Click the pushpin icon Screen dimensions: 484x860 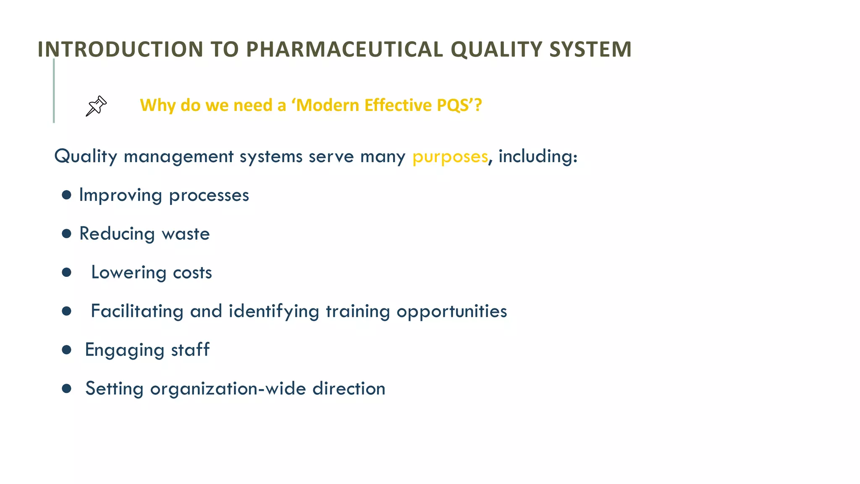pyautogui.click(x=96, y=106)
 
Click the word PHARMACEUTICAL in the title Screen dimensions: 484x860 pyautogui.click(x=344, y=50)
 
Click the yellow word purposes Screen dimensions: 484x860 pyautogui.click(x=450, y=157)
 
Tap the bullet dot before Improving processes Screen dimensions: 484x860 pyautogui.click(x=66, y=195)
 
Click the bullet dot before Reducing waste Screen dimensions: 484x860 pyautogui.click(x=66, y=234)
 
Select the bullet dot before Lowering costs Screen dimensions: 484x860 pyautogui.click(x=66, y=272)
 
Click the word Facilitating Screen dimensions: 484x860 pyautogui.click(x=137, y=311)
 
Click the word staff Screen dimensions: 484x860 pyautogui.click(x=190, y=350)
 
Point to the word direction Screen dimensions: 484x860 pyautogui.click(x=349, y=389)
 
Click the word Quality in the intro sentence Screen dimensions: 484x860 pyautogui.click(x=86, y=157)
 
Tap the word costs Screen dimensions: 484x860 pyautogui.click(x=192, y=273)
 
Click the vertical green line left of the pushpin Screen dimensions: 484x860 pyautogui.click(x=54, y=91)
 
